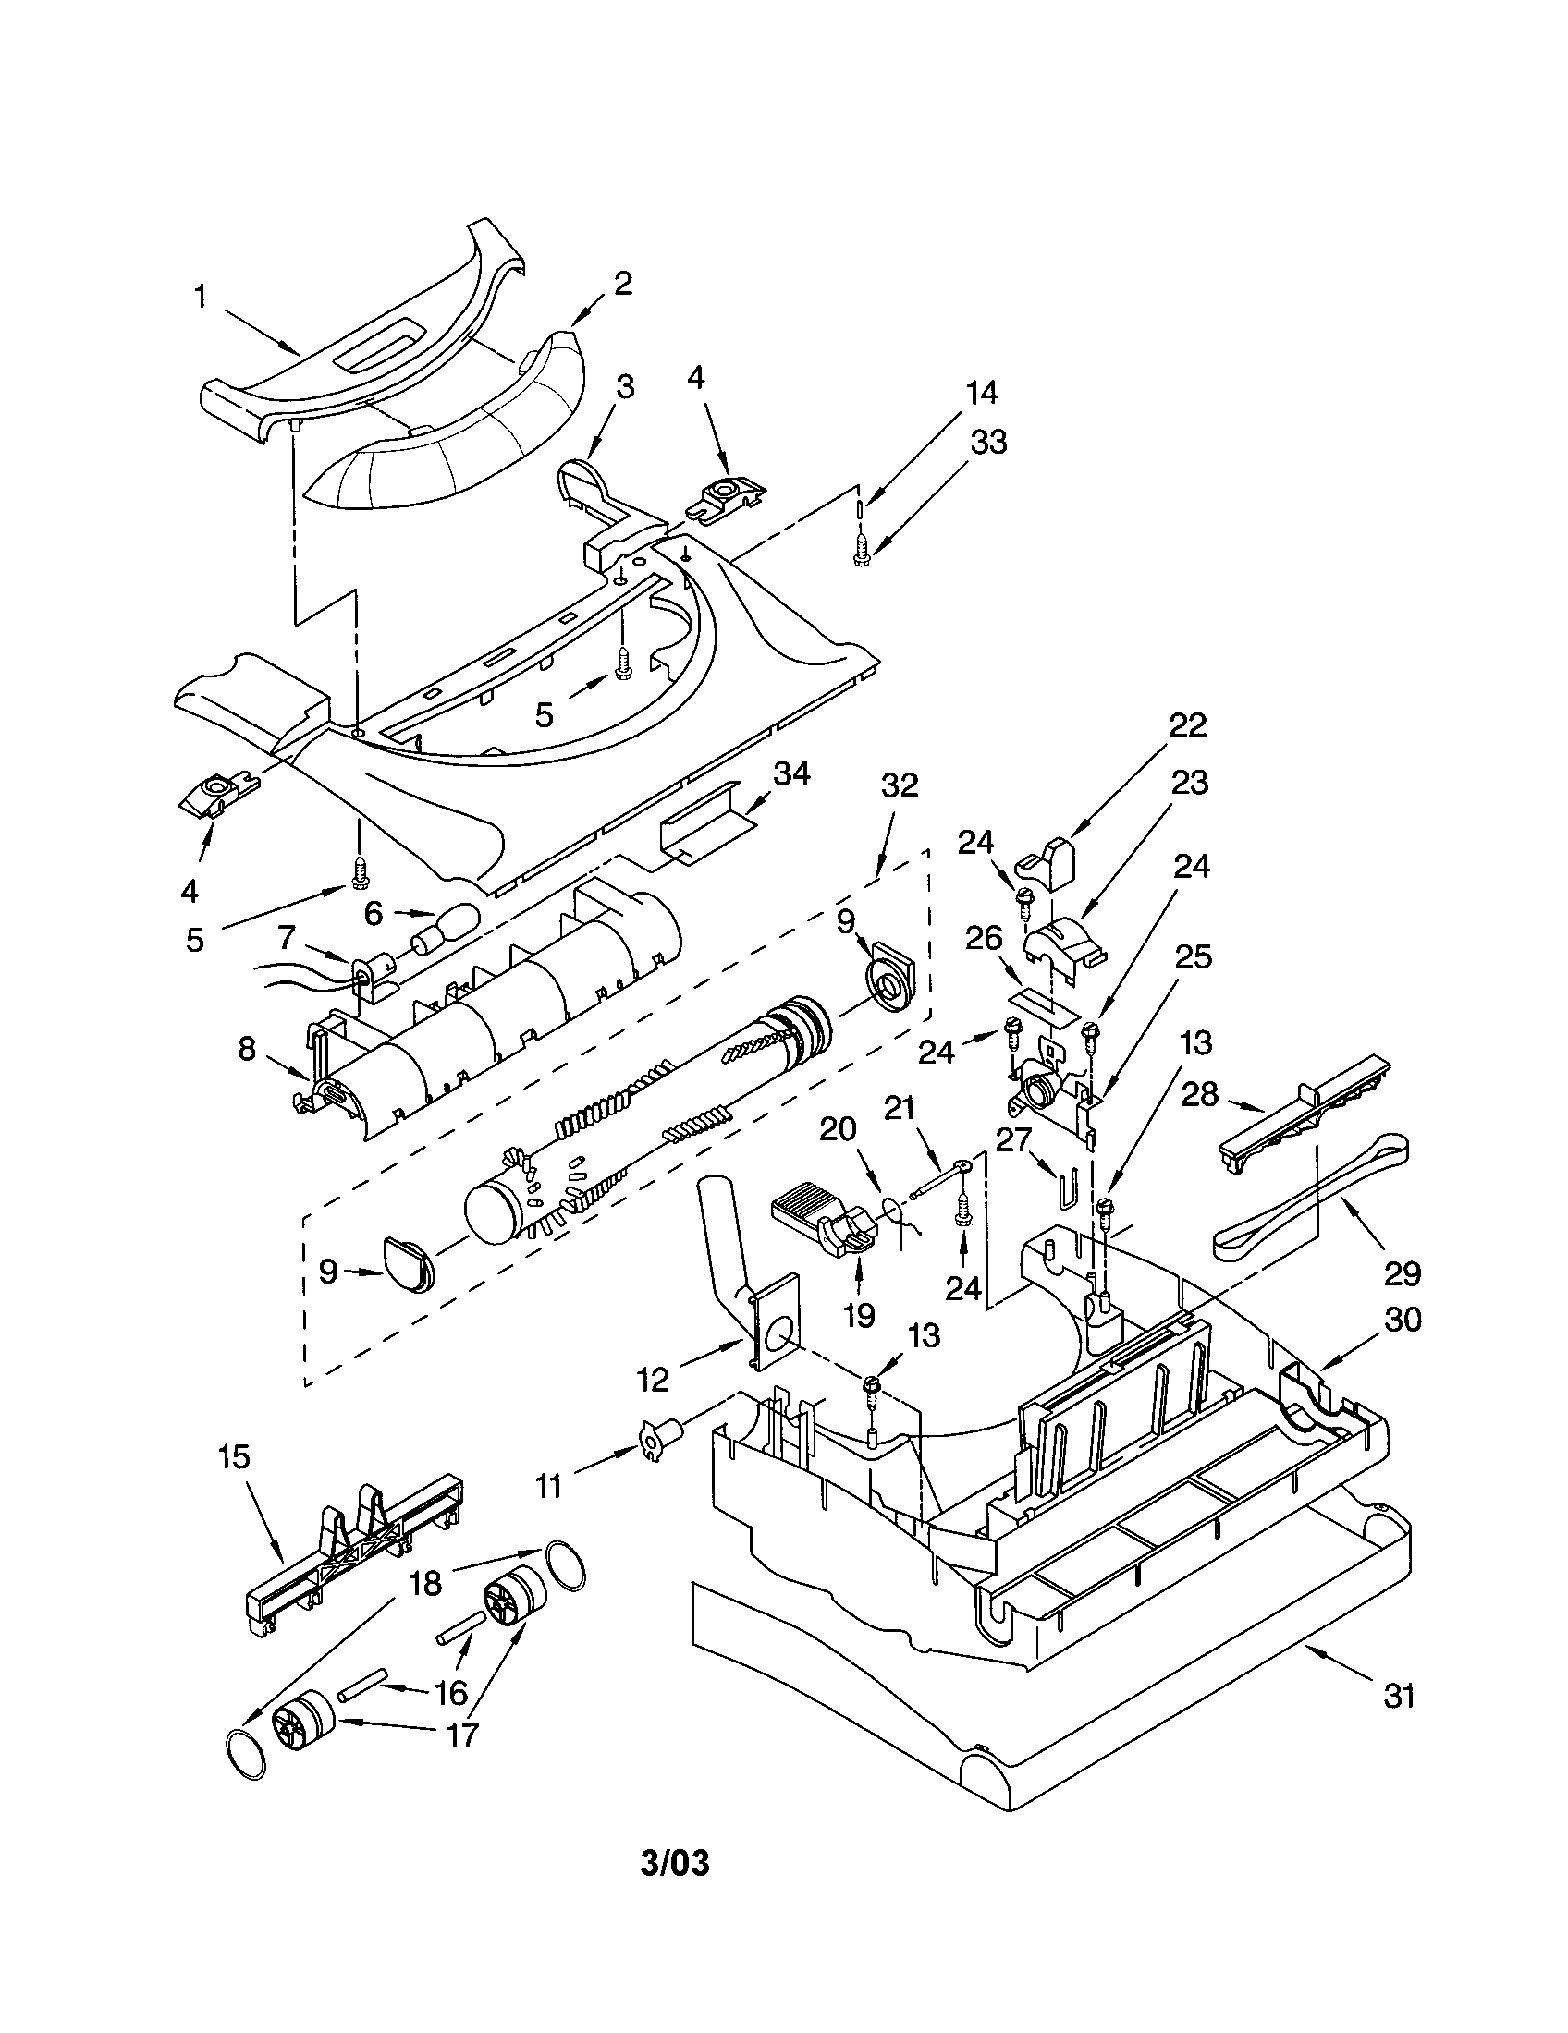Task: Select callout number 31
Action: [x=1400, y=1695]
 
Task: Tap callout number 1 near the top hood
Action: [x=200, y=297]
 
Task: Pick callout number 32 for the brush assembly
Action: [x=899, y=785]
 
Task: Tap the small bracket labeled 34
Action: [x=698, y=837]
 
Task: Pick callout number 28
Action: [x=1199, y=1095]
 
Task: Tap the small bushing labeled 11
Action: [x=659, y=1440]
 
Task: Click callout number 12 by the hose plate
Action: [x=654, y=1380]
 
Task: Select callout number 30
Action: [x=1403, y=1319]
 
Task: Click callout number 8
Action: [x=246, y=1049]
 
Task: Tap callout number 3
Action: [x=625, y=387]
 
